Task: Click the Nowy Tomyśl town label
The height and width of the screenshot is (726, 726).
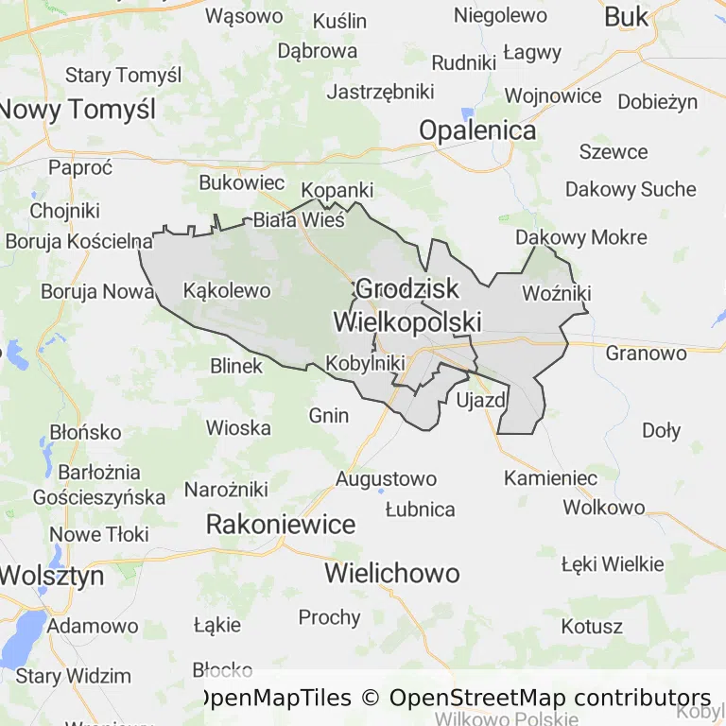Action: pyautogui.click(x=78, y=109)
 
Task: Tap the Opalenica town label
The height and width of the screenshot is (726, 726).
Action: pyautogui.click(x=477, y=130)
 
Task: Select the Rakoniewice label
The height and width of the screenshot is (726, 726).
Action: pyautogui.click(x=281, y=524)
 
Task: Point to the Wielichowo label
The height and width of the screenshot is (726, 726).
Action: pyautogui.click(x=392, y=573)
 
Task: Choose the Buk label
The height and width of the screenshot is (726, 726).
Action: pyautogui.click(x=626, y=16)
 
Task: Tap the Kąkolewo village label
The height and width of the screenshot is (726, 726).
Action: pyautogui.click(x=227, y=290)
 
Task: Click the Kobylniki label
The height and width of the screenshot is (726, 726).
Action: pyautogui.click(x=365, y=363)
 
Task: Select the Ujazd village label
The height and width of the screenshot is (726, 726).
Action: pyautogui.click(x=481, y=401)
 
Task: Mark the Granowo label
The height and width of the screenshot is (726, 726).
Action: pyautogui.click(x=646, y=353)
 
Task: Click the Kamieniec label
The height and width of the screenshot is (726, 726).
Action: pyautogui.click(x=550, y=478)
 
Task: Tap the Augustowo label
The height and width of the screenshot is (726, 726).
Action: pyautogui.click(x=386, y=479)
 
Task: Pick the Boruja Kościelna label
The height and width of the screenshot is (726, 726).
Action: pyautogui.click(x=78, y=240)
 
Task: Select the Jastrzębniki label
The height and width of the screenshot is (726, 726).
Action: pyautogui.click(x=380, y=92)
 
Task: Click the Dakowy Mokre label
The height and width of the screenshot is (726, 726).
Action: pyautogui.click(x=581, y=237)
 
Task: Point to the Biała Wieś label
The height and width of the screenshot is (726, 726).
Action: pyautogui.click(x=299, y=220)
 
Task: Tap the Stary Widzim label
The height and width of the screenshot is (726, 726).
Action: pyautogui.click(x=73, y=676)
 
